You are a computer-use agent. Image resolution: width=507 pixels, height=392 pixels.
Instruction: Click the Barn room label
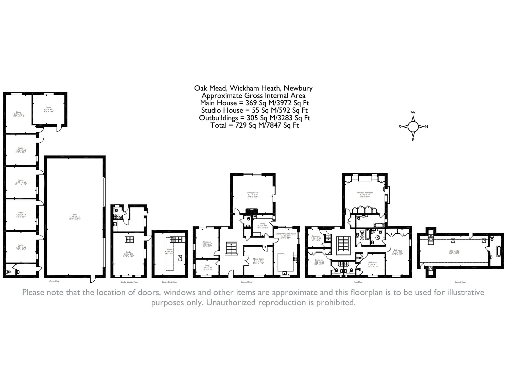pos(75,216)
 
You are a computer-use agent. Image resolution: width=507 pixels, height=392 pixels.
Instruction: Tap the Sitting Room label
pos(253,195)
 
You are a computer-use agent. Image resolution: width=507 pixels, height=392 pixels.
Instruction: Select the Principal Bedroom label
pos(365,195)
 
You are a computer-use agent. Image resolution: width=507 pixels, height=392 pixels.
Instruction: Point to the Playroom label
pos(207,244)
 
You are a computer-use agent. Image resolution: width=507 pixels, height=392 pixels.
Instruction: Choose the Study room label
pos(207,267)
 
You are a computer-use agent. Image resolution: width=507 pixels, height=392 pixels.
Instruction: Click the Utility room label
pos(263,226)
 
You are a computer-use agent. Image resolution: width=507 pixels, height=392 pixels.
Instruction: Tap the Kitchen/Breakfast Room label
pos(286,235)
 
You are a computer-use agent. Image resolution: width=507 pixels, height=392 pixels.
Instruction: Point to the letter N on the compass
pos(426,127)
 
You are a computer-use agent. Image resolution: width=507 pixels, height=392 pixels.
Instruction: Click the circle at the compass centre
pos(413,126)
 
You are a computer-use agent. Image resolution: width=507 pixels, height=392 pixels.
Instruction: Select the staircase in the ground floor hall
pos(231,248)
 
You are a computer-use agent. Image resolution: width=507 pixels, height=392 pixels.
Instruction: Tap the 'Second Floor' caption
pos(460,282)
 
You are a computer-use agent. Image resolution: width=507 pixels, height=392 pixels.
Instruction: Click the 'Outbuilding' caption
pos(54,281)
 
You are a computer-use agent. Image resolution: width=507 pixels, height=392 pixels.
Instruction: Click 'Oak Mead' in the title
pos(210,88)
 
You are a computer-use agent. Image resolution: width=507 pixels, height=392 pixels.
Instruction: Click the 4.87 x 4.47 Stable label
pos(48,110)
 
